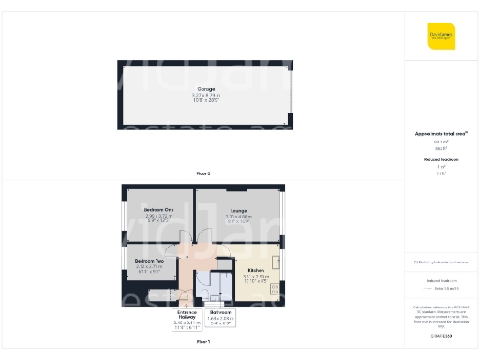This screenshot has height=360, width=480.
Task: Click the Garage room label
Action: [x=204, y=89]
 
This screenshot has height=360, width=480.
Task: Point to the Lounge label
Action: [x=238, y=211]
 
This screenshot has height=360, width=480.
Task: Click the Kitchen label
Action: [x=255, y=268]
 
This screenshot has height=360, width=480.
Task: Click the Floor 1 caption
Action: [x=203, y=343]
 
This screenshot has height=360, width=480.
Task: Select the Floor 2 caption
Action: [x=203, y=174]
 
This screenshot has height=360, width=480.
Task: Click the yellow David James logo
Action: [x=441, y=35]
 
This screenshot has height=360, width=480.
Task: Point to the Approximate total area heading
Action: [x=440, y=134]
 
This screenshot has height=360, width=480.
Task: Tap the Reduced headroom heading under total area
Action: [x=440, y=160]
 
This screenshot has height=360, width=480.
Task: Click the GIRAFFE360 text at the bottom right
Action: [x=441, y=335]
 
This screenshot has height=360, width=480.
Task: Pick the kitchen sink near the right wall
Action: [x=276, y=281]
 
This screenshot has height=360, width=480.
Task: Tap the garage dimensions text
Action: [x=204, y=97]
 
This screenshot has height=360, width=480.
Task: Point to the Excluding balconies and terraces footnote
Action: [x=441, y=262]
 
